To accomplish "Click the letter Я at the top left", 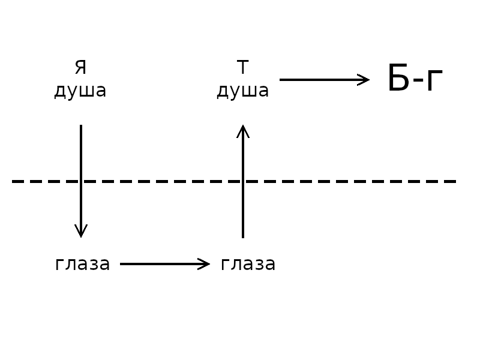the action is pos(80,67).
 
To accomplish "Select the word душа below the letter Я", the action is pos(80,91).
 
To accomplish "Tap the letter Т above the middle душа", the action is pos(242,67).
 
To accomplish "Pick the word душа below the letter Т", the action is pos(243,91).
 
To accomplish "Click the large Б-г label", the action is pos(415,79).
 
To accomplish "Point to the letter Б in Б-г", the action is pos(398,78).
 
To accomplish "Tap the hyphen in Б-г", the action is pos(418,81).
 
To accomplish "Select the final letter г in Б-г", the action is pos(434,80).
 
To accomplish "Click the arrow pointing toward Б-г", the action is pos(325,80).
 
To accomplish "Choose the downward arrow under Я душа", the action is pos(81,181).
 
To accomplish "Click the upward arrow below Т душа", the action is pos(243,181).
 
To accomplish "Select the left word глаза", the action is pos(82,264).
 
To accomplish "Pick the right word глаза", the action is pos(248,264).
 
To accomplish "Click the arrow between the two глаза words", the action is pos(165,264).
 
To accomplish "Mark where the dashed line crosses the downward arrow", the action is pos(81,181).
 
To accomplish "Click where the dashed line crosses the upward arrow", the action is pos(243,181).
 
